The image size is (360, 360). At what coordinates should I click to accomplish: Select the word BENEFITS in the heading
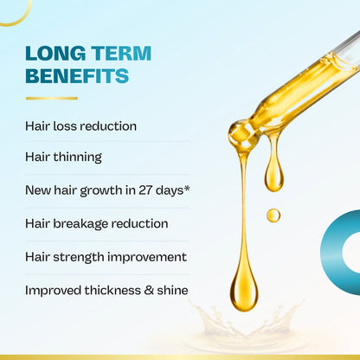point(77,76)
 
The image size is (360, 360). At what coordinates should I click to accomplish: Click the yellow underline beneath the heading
point(51,98)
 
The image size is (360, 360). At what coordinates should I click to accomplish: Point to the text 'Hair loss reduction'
point(80,125)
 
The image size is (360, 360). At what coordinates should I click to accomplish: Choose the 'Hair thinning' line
point(63,157)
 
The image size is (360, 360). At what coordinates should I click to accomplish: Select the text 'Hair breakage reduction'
point(96,223)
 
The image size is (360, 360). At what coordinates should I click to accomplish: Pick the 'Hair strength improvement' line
point(106,257)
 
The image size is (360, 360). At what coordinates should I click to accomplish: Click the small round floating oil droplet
point(273,215)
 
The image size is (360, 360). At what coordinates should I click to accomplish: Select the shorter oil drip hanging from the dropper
point(273,170)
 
